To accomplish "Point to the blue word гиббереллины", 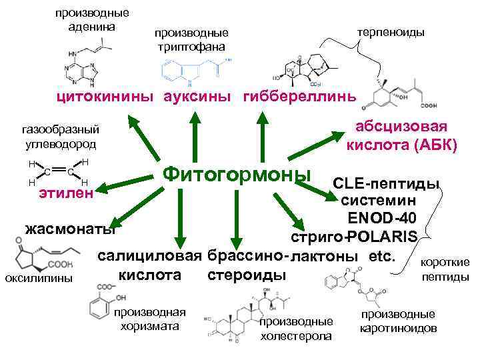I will tap(299, 97).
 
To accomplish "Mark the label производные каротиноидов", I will tap(398, 321).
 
